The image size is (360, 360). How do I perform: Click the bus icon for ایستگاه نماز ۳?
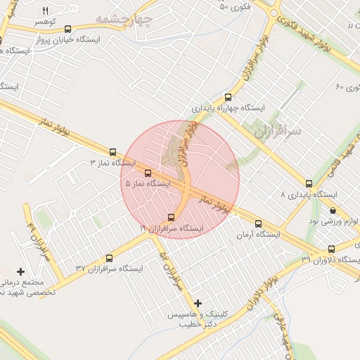point(112,152)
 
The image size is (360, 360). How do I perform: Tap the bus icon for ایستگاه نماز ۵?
point(148,173)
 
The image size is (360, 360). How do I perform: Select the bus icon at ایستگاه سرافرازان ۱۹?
point(172,217)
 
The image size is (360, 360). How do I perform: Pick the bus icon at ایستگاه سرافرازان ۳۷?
point(109,258)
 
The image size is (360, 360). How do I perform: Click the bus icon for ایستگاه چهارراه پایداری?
point(227,98)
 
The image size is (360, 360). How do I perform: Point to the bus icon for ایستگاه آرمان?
point(258,224)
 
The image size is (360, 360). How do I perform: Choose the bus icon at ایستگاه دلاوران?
point(331,250)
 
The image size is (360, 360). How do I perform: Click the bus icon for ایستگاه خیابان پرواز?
point(67,30)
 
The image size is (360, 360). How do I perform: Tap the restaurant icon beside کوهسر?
point(46,11)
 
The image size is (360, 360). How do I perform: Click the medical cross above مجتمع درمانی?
point(20,271)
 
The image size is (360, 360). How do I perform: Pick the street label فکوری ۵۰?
point(234,8)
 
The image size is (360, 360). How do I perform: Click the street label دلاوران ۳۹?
point(307,259)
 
